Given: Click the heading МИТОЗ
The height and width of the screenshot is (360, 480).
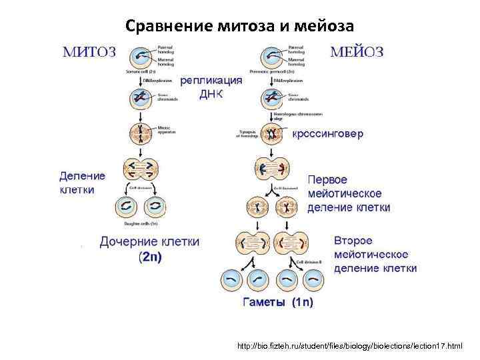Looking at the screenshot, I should (89, 51).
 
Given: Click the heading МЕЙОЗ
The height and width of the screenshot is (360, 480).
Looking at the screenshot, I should (360, 51).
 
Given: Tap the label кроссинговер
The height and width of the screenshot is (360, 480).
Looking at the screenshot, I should (328, 134).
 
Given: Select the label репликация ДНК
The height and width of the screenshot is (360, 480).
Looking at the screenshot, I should (211, 86).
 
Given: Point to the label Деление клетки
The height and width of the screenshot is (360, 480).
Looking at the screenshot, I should (82, 183).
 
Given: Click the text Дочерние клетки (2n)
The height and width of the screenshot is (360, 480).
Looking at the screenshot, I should (149, 249).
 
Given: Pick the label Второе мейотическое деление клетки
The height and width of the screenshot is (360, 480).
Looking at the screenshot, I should (375, 255).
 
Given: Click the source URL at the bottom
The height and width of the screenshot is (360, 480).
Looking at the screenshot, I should (350, 346).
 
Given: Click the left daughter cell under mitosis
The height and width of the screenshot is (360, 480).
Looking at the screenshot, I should (126, 207).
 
